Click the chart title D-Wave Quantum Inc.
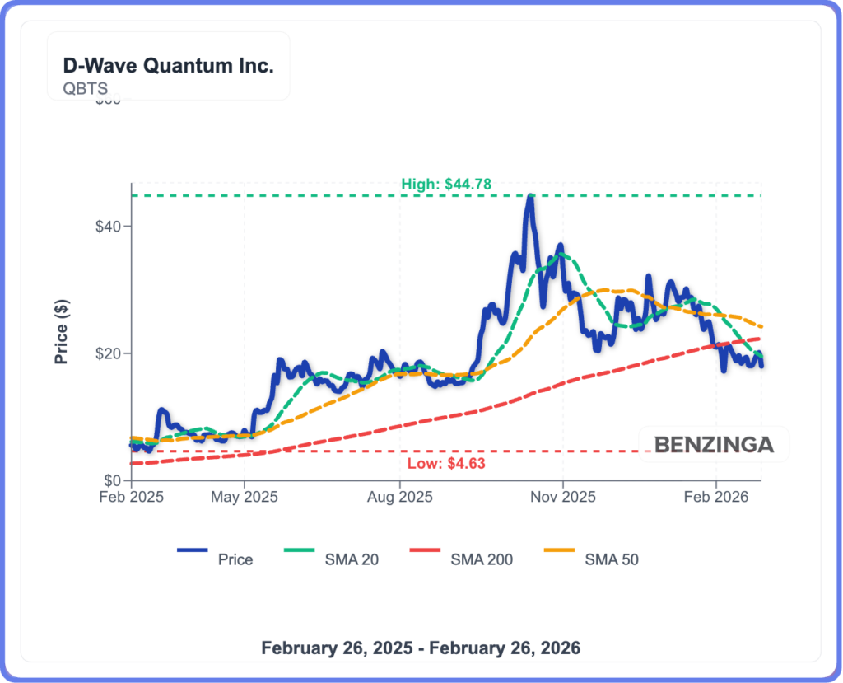coord(168,67)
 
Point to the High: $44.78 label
coord(446,185)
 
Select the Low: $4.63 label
coord(446,463)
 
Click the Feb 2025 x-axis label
coord(131,498)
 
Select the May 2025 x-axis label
coord(245,498)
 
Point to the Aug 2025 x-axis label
coord(399,498)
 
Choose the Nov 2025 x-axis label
coord(563,498)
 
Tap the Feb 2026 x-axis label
coord(716,498)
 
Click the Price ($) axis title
coord(61,331)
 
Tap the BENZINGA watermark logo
coord(714,445)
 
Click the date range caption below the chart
coord(421,648)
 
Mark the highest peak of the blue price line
coord(531,196)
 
